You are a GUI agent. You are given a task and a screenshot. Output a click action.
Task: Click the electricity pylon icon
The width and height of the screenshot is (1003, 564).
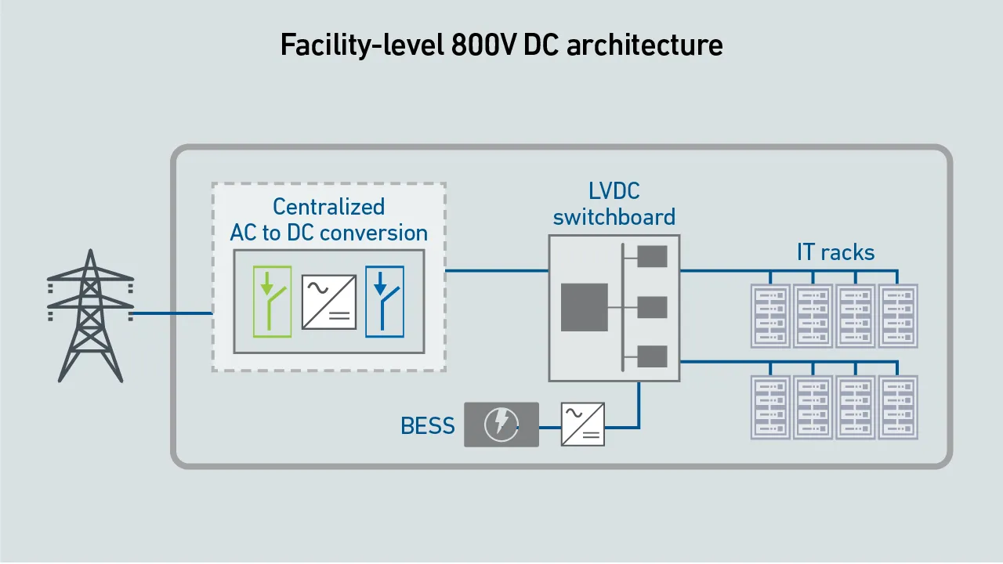(90, 316)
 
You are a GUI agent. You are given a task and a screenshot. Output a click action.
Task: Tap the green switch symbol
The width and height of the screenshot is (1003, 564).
(272, 302)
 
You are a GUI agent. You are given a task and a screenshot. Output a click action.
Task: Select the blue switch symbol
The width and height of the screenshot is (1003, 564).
(385, 302)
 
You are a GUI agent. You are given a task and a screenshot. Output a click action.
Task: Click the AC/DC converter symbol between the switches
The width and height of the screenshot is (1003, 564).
(329, 302)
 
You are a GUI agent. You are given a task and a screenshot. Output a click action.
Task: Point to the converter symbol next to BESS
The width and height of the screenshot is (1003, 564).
(582, 425)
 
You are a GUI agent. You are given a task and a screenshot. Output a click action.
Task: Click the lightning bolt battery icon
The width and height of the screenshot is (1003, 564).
(501, 425)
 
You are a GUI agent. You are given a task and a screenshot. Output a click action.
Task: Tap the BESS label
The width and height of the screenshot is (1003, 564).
(428, 425)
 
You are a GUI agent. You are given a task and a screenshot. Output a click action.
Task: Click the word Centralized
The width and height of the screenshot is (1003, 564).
(328, 207)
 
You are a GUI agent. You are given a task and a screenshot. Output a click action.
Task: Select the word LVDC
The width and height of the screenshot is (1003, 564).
(614, 191)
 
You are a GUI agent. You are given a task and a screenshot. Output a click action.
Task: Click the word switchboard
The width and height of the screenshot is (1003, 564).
(614, 217)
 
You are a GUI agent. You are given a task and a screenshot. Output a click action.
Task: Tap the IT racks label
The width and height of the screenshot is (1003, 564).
(835, 252)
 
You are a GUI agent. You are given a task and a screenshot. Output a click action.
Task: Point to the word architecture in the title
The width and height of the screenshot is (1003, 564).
(645, 45)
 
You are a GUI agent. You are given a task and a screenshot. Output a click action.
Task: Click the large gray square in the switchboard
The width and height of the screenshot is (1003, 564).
(585, 307)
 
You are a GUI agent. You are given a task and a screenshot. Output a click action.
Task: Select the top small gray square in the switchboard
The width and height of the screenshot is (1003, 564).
(653, 256)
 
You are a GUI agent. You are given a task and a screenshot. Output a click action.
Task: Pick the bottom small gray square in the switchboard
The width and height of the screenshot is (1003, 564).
(653, 356)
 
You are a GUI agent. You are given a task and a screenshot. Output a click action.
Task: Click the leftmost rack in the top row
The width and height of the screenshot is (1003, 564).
(770, 316)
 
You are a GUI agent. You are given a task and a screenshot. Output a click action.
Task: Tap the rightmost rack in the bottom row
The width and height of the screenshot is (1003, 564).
(898, 407)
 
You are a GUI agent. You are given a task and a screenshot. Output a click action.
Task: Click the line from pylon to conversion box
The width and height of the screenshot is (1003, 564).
(172, 313)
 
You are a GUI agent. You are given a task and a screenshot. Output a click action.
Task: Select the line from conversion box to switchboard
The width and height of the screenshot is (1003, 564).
(497, 270)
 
